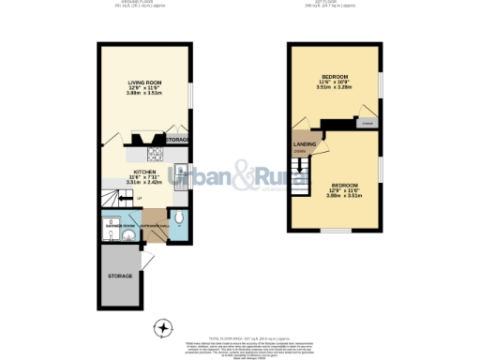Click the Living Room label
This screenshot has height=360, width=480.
tap(144, 83)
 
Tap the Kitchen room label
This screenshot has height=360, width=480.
tap(143, 172)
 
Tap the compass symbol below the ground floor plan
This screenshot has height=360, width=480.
tap(166, 327)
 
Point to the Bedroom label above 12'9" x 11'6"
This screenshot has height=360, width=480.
tap(339, 185)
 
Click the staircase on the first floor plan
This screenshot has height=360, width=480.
tap(299, 177)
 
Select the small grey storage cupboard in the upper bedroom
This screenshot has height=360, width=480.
tap(367, 122)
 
